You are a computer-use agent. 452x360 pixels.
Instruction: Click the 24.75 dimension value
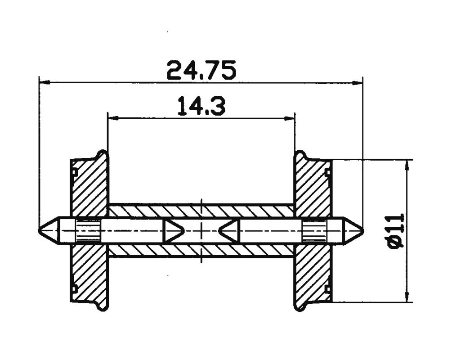(201, 70)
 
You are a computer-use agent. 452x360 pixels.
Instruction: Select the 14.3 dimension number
(201, 106)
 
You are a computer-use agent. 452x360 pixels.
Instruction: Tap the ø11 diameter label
(395, 231)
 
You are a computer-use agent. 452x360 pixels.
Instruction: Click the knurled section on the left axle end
(88, 231)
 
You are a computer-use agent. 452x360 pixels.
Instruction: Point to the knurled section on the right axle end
(314, 231)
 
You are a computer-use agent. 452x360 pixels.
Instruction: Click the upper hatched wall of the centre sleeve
(201, 211)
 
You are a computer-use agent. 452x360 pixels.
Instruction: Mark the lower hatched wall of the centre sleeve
(201, 251)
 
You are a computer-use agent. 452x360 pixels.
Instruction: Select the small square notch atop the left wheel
(75, 172)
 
